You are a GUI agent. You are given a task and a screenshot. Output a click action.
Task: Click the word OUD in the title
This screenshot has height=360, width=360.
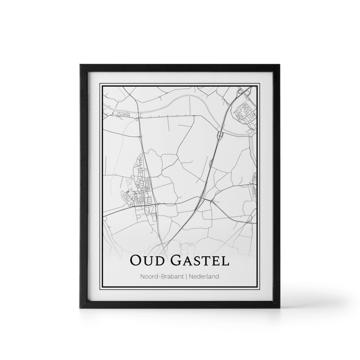coord(147,261)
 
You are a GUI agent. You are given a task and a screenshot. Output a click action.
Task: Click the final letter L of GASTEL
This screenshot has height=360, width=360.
coord(225,261)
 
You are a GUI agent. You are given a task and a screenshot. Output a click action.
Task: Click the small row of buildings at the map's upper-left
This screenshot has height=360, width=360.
coord(121,114)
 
